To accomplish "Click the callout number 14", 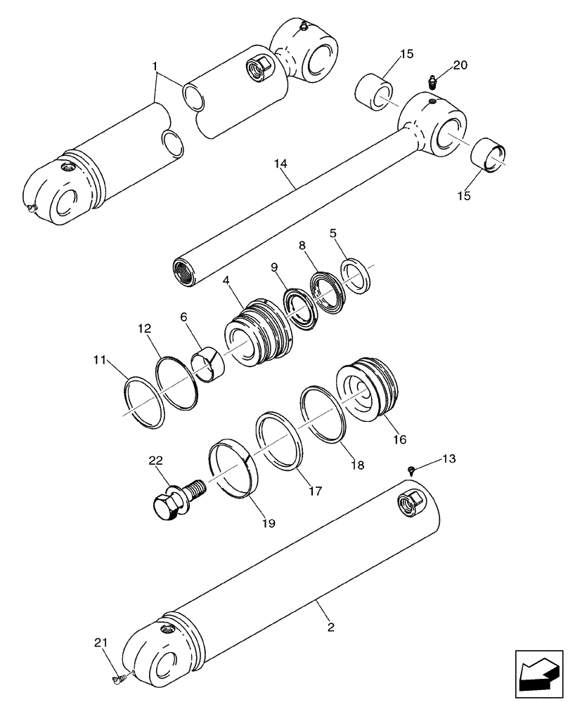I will click(x=280, y=164).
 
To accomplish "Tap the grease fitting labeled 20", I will click(x=433, y=83).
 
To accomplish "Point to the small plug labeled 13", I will click(x=411, y=470).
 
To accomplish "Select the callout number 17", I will click(x=314, y=491).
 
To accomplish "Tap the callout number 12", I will click(x=144, y=328).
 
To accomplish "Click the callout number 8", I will click(x=302, y=246).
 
